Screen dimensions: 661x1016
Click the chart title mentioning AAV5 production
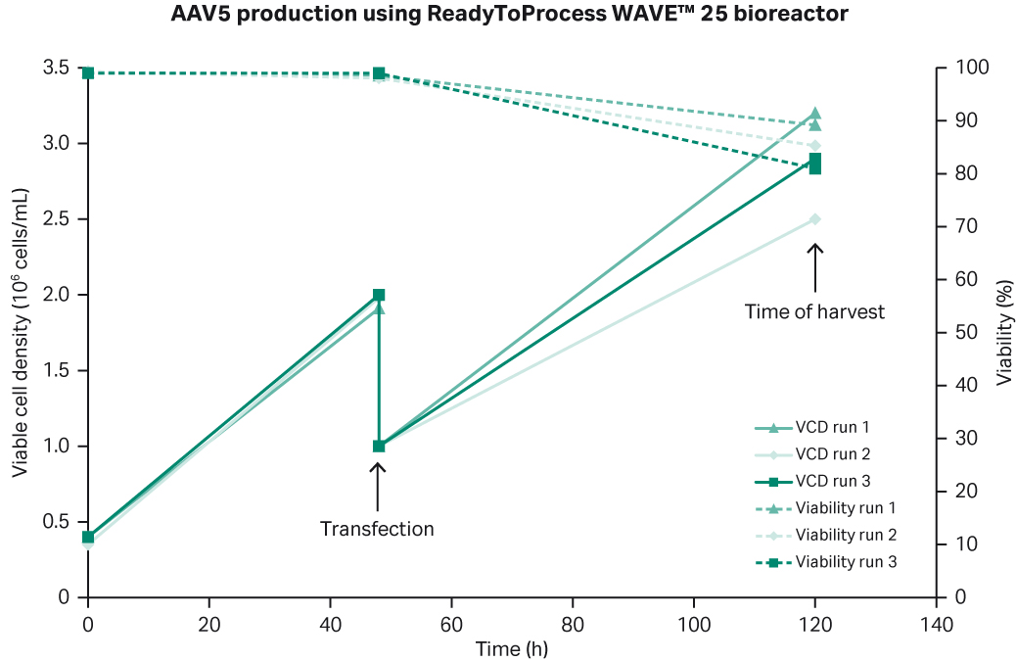(x=508, y=16)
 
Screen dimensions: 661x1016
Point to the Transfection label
(x=377, y=529)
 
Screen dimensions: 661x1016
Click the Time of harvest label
(x=814, y=311)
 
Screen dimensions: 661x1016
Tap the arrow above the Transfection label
(x=379, y=482)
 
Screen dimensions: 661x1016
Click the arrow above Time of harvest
(x=815, y=266)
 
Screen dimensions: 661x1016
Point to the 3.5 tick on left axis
(x=56, y=68)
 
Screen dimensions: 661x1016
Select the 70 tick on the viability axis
(x=965, y=226)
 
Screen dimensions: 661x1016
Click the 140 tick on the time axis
(x=936, y=624)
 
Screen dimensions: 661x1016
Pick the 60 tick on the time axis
(x=451, y=624)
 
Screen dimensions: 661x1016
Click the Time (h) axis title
(x=512, y=648)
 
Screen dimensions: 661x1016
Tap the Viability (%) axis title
(x=1003, y=332)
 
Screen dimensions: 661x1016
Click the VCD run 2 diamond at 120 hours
(x=814, y=219)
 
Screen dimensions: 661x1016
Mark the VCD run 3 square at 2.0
(x=379, y=295)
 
